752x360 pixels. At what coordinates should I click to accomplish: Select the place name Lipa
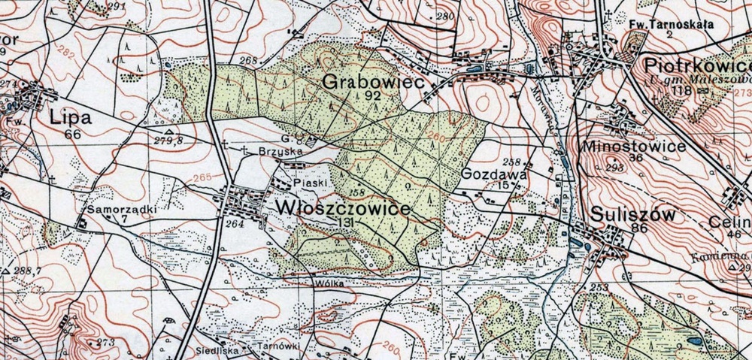pyautogui.click(x=71, y=118)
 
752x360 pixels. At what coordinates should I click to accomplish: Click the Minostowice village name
pyautogui.click(x=634, y=146)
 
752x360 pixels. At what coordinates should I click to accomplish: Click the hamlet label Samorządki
pyautogui.click(x=114, y=210)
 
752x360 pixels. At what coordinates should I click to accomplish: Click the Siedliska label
pyautogui.click(x=218, y=349)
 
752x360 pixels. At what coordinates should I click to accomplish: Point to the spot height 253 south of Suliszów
pyautogui.click(x=599, y=288)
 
